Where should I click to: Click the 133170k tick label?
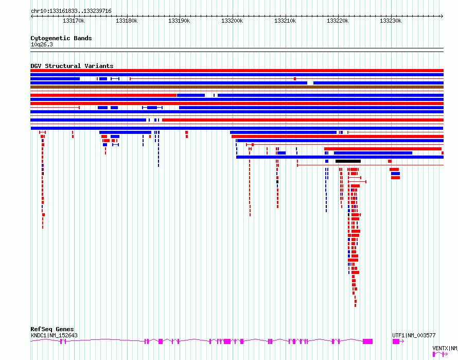(74, 21)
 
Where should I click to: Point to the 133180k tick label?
(127, 21)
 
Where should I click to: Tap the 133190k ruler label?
(179, 21)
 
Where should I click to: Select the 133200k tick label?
(232, 21)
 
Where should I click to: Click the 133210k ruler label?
(285, 21)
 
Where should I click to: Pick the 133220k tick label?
(338, 21)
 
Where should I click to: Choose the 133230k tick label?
(391, 21)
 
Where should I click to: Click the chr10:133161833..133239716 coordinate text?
(71, 11)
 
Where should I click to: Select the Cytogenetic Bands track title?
(61, 38)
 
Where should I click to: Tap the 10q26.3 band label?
(42, 44)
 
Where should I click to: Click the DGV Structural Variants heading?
(72, 66)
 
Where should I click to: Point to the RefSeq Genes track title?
(52, 329)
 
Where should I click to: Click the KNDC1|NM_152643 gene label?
(54, 335)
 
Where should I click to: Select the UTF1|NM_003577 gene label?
(414, 335)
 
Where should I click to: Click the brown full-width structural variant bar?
(237, 87)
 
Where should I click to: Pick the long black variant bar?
(348, 161)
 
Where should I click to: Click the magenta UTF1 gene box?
(396, 341)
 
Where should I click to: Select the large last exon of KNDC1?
(368, 341)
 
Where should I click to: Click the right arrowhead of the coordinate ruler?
(442, 16)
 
